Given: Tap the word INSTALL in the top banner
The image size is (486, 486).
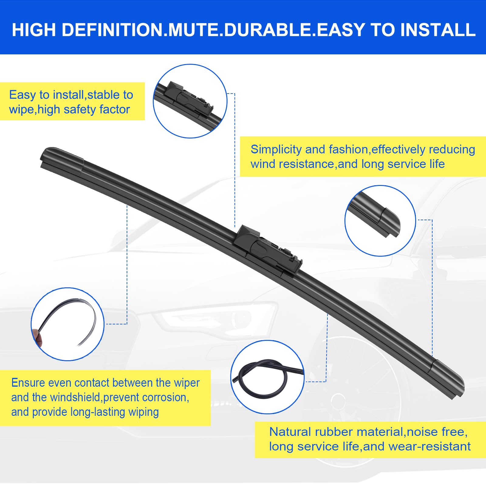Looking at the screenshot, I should click(x=438, y=30).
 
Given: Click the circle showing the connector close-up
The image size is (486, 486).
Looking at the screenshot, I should click(x=190, y=101).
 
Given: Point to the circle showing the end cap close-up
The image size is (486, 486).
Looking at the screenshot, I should click(x=380, y=221).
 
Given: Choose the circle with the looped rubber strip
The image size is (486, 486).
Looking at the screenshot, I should click(x=267, y=377).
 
